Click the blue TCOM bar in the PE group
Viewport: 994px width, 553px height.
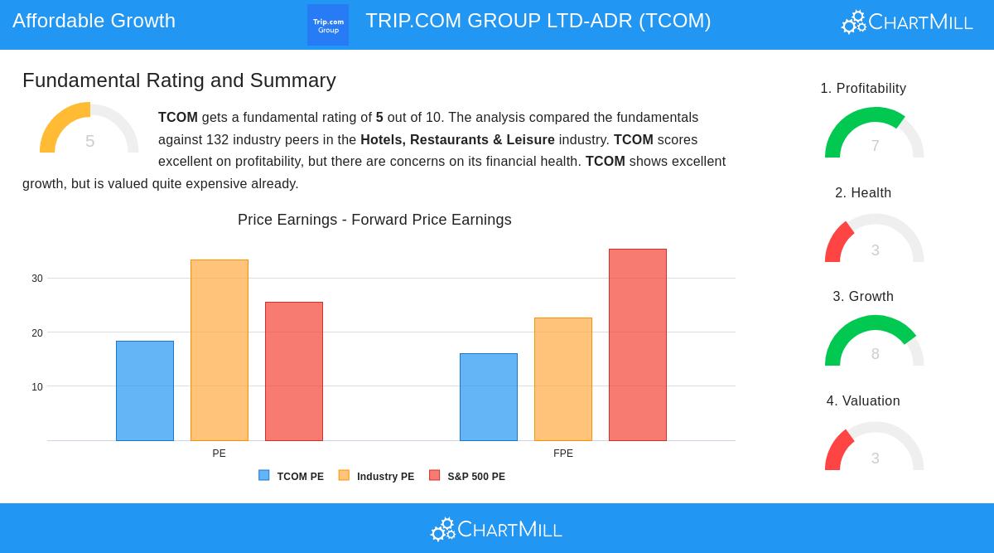145,390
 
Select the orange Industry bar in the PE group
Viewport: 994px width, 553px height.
220,350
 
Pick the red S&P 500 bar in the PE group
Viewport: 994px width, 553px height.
294,371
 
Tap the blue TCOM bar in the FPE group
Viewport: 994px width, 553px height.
489,397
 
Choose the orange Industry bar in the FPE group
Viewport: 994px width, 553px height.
563,379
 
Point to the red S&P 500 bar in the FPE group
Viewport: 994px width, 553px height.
638,345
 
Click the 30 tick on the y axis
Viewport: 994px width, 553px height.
37,279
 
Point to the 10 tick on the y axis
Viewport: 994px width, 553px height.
37,387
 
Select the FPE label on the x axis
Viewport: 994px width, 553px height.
563,454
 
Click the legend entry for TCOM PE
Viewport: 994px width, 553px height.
292,477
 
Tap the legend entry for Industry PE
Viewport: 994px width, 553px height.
377,477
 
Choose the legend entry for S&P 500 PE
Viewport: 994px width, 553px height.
467,477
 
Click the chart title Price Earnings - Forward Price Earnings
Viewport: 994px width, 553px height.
374,220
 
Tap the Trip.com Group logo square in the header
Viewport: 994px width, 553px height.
328,25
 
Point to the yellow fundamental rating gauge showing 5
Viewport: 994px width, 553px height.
89,129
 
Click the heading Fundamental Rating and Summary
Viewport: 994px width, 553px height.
179,80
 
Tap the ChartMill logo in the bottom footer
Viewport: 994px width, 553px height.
497,529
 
